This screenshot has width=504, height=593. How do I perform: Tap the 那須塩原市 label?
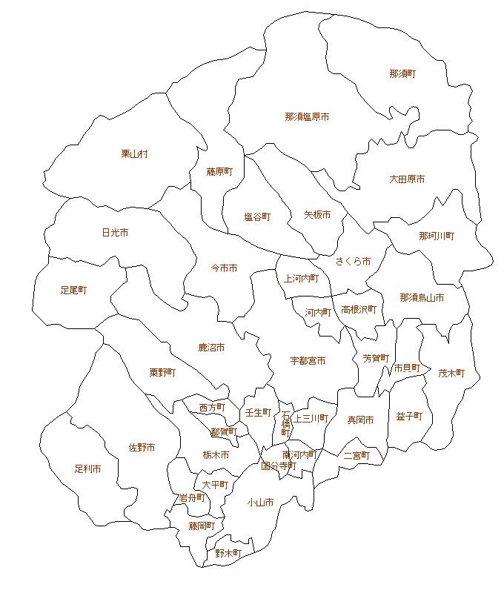click(x=307, y=117)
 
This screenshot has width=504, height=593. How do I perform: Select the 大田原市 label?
click(x=407, y=179)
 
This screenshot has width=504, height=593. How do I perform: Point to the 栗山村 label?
click(x=135, y=154)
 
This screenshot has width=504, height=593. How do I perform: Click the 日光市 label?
click(x=115, y=233)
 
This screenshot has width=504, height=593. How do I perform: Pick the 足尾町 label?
click(x=73, y=291)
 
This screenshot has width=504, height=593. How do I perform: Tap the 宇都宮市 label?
click(x=308, y=361)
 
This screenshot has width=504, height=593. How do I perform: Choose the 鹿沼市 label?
click(x=211, y=347)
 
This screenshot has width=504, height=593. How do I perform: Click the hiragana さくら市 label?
click(x=353, y=262)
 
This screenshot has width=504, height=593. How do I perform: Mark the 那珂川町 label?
click(x=437, y=236)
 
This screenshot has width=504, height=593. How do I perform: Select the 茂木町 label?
click(x=451, y=374)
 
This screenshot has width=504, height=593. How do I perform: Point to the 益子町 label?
click(x=409, y=417)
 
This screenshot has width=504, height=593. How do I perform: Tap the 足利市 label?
click(x=87, y=469)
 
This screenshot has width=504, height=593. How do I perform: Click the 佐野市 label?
click(x=142, y=448)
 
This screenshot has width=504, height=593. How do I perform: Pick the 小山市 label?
click(x=260, y=503)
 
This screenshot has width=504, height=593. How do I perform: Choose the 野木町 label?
click(x=228, y=553)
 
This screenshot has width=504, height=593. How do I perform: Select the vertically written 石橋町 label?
click(x=285, y=423)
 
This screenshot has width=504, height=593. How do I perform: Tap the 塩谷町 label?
click(x=257, y=217)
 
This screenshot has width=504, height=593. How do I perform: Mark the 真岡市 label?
click(x=360, y=420)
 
